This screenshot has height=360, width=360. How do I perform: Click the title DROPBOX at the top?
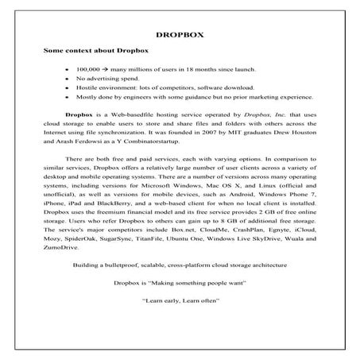tap(180, 35)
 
